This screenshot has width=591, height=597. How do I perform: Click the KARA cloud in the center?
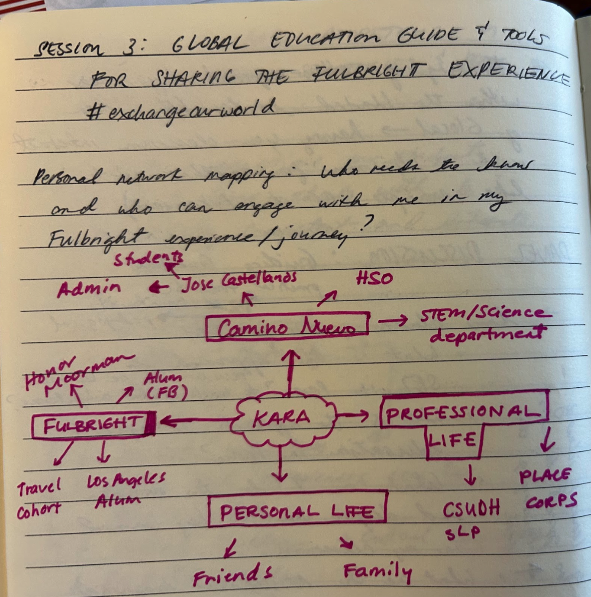point(283,418)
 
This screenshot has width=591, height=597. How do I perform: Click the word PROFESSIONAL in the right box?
point(463,412)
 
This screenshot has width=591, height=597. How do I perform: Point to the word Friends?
point(232,575)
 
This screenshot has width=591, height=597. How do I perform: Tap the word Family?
point(377,571)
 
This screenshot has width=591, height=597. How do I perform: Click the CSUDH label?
point(471,509)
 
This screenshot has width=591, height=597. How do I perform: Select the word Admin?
point(89,289)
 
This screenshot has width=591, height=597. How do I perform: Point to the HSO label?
point(374,278)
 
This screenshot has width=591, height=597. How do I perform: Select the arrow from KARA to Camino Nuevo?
point(290,369)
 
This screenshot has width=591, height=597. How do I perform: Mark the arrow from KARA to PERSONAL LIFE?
point(280,464)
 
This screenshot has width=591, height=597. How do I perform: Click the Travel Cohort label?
point(39,499)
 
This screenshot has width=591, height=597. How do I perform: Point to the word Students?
point(148,259)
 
